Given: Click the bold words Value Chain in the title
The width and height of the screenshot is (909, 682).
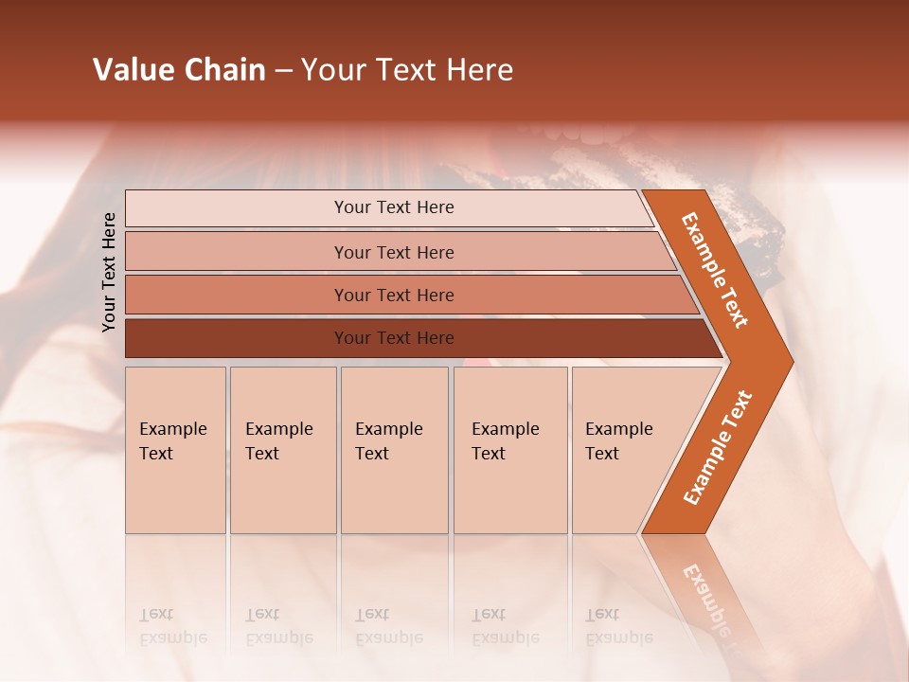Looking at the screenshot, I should [179, 70].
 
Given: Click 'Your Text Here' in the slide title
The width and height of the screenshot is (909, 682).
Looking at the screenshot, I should [407, 70].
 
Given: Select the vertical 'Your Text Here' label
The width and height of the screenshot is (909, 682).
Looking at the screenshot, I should [109, 272].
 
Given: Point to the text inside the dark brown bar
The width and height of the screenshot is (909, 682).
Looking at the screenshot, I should [394, 338].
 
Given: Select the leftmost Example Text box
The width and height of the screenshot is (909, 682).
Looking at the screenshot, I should [175, 450].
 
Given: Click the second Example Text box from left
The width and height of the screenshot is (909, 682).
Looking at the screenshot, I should [282, 450].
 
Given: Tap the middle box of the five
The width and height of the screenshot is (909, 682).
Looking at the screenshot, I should [394, 450].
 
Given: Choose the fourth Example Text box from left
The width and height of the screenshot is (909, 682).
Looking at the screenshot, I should [509, 450].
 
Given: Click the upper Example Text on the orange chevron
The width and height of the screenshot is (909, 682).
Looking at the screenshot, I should [715, 270].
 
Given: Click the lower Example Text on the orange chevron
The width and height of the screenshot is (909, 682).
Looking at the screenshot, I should [717, 448].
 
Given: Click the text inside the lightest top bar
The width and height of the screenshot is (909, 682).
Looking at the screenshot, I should [394, 207].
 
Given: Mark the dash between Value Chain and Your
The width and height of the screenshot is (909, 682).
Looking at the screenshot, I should [283, 71].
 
